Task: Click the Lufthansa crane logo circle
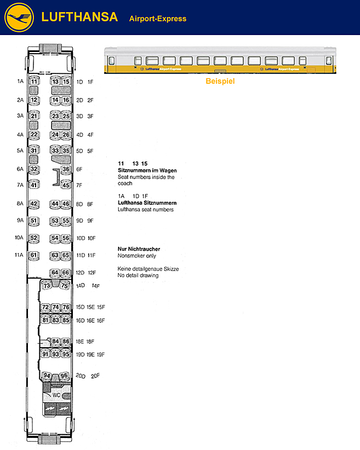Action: [x=19, y=18]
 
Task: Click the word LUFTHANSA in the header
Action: [x=79, y=17]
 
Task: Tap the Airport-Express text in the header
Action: [x=158, y=19]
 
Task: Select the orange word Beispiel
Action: [x=220, y=82]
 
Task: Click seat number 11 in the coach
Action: [x=34, y=82]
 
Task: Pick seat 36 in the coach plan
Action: [x=66, y=169]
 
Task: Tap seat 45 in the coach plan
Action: [x=66, y=185]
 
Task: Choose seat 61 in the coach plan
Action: [x=34, y=255]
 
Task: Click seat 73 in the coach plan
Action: [x=47, y=285]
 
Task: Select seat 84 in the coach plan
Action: [x=55, y=341]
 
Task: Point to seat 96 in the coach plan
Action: [x=64, y=376]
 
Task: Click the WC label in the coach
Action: [x=56, y=395]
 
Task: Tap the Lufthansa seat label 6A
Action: [x=20, y=169]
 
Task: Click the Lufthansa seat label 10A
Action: [x=19, y=238]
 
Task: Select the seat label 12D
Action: [x=79, y=273]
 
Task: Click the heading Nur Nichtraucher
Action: [x=139, y=250]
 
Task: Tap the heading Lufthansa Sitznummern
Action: [x=147, y=203]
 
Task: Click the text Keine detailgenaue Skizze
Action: [x=148, y=269]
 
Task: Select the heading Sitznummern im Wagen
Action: [x=147, y=170]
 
